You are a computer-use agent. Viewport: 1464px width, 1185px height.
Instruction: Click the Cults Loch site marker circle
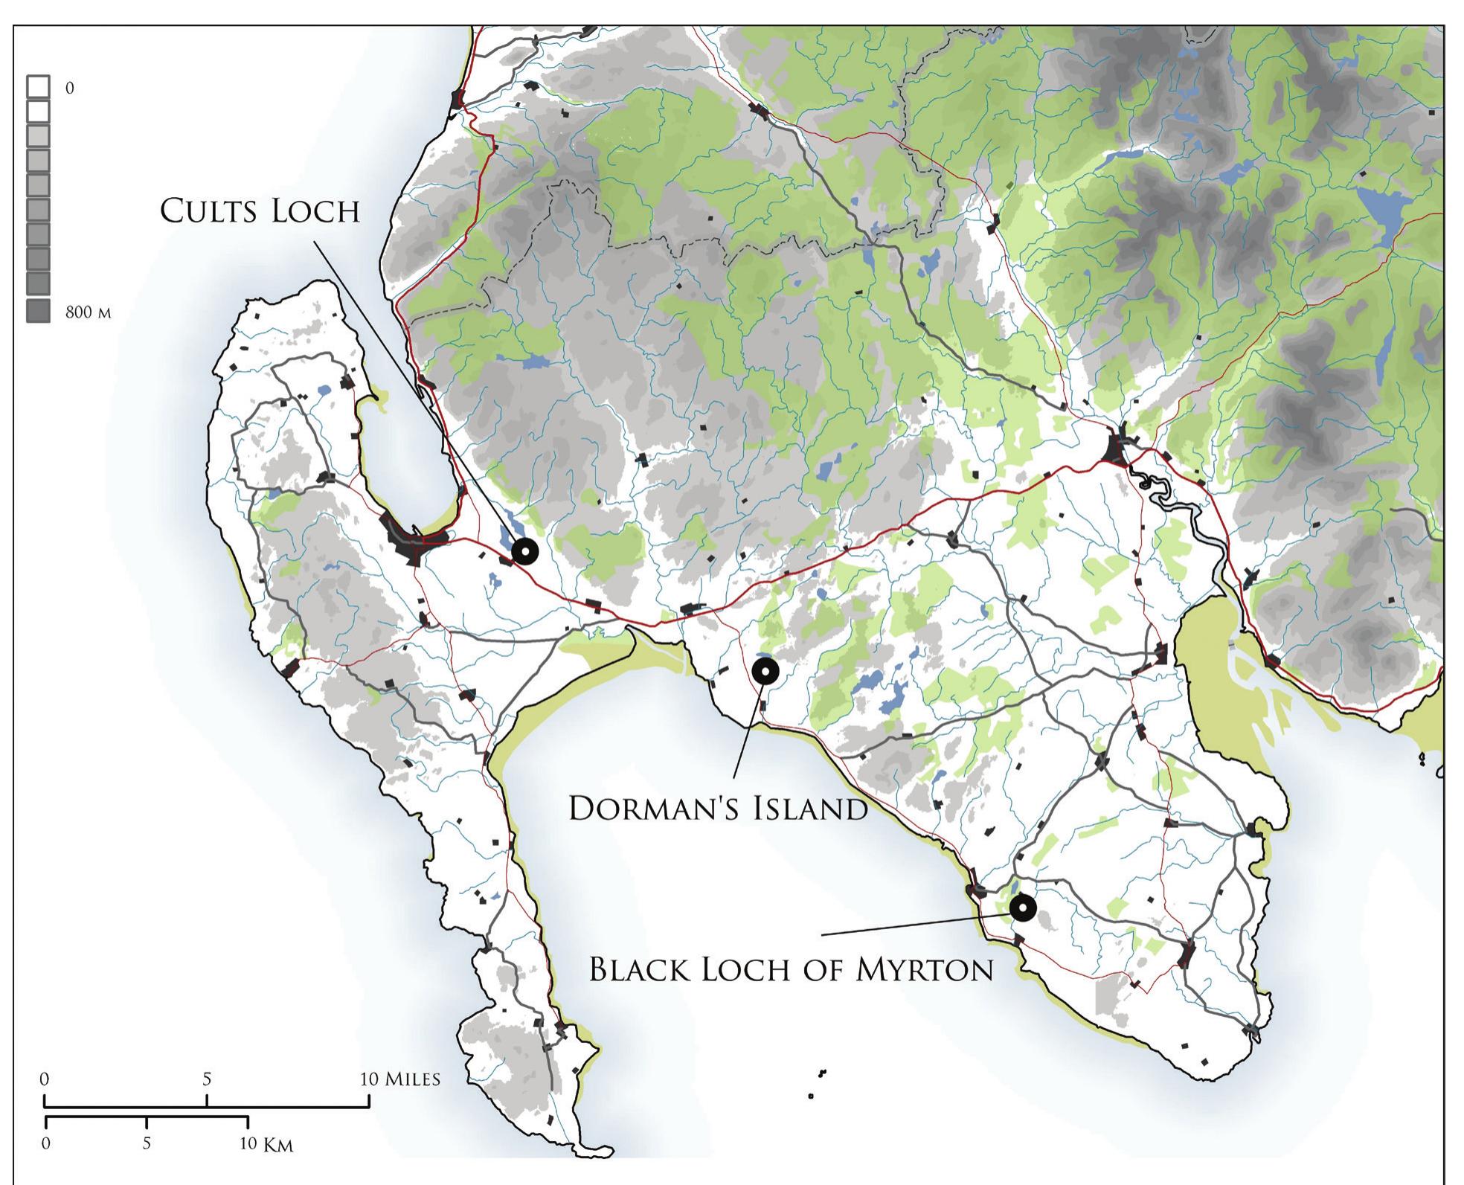coord(524,551)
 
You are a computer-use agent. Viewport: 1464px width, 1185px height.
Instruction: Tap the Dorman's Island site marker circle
coord(765,671)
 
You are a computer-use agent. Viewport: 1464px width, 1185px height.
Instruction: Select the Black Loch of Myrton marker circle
coord(1022,908)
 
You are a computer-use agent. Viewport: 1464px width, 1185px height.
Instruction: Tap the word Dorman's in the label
coord(646,809)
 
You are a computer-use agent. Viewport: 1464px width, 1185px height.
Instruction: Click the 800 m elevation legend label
coord(88,312)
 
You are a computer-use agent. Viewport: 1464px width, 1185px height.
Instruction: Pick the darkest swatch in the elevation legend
coord(39,311)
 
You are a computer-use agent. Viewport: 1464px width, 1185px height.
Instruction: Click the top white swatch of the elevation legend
coord(39,87)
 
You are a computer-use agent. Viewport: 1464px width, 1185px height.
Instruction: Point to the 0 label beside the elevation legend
coord(70,88)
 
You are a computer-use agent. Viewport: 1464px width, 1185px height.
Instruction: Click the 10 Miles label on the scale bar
coord(400,1079)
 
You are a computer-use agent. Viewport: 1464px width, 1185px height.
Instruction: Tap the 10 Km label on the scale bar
coord(266,1144)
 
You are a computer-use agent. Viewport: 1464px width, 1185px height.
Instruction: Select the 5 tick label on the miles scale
coord(207,1079)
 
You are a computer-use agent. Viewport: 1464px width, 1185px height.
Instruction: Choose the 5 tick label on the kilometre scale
coord(147,1143)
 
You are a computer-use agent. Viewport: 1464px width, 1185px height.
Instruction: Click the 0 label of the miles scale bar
coord(45,1079)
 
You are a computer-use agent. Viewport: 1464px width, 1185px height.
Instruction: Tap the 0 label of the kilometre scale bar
coord(46,1143)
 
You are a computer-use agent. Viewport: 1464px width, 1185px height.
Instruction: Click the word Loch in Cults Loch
coord(315,211)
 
